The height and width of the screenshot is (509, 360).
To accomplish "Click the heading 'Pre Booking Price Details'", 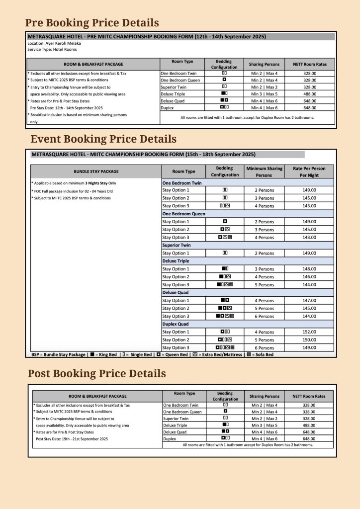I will pyautogui.click(x=92, y=23).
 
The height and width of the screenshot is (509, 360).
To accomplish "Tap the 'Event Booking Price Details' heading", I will pyautogui.click(x=103, y=139).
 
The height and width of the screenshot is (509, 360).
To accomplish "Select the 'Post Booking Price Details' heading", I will pyautogui.click(x=96, y=373).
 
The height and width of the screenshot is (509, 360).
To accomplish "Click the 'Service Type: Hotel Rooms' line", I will pyautogui.click(x=52, y=49).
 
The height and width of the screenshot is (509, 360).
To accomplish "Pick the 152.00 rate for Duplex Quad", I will pyautogui.click(x=309, y=332).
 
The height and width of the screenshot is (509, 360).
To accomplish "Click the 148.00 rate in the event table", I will pyautogui.click(x=309, y=269).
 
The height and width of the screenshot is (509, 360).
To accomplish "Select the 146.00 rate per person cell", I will pyautogui.click(x=309, y=277).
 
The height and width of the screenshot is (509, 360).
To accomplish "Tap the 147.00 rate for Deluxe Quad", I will pyautogui.click(x=309, y=301).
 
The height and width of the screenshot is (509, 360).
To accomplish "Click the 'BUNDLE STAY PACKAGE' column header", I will pyautogui.click(x=96, y=171).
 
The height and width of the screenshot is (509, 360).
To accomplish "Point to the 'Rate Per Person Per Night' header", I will pyautogui.click(x=309, y=171).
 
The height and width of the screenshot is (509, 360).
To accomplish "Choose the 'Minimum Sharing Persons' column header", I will pyautogui.click(x=264, y=171).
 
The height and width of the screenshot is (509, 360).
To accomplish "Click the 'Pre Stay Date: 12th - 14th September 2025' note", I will pyautogui.click(x=67, y=107).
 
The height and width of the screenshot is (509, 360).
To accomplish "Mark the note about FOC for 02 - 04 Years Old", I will pyautogui.click(x=73, y=191).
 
